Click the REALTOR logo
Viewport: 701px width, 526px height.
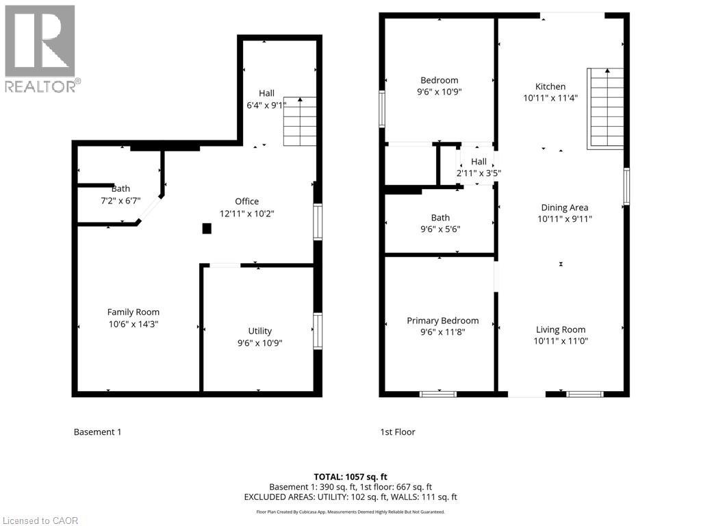(x=40, y=49)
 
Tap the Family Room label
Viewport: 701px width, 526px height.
(x=133, y=312)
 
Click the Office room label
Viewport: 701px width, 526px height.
(x=246, y=201)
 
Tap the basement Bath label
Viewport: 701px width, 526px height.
(x=121, y=188)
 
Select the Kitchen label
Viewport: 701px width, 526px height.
(x=550, y=86)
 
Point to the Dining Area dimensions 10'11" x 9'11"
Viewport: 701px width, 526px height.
(x=565, y=219)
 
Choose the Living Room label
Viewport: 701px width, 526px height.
(x=561, y=329)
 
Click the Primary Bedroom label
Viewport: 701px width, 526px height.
(x=443, y=321)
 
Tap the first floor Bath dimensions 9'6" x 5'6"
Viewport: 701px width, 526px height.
(x=440, y=229)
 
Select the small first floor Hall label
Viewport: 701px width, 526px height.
(x=479, y=162)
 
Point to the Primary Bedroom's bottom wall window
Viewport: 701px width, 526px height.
(x=438, y=394)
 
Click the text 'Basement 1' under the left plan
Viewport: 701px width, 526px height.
(x=97, y=432)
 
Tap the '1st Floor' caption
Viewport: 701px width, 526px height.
(x=398, y=432)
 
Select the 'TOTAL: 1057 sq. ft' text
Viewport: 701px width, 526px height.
(x=350, y=477)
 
